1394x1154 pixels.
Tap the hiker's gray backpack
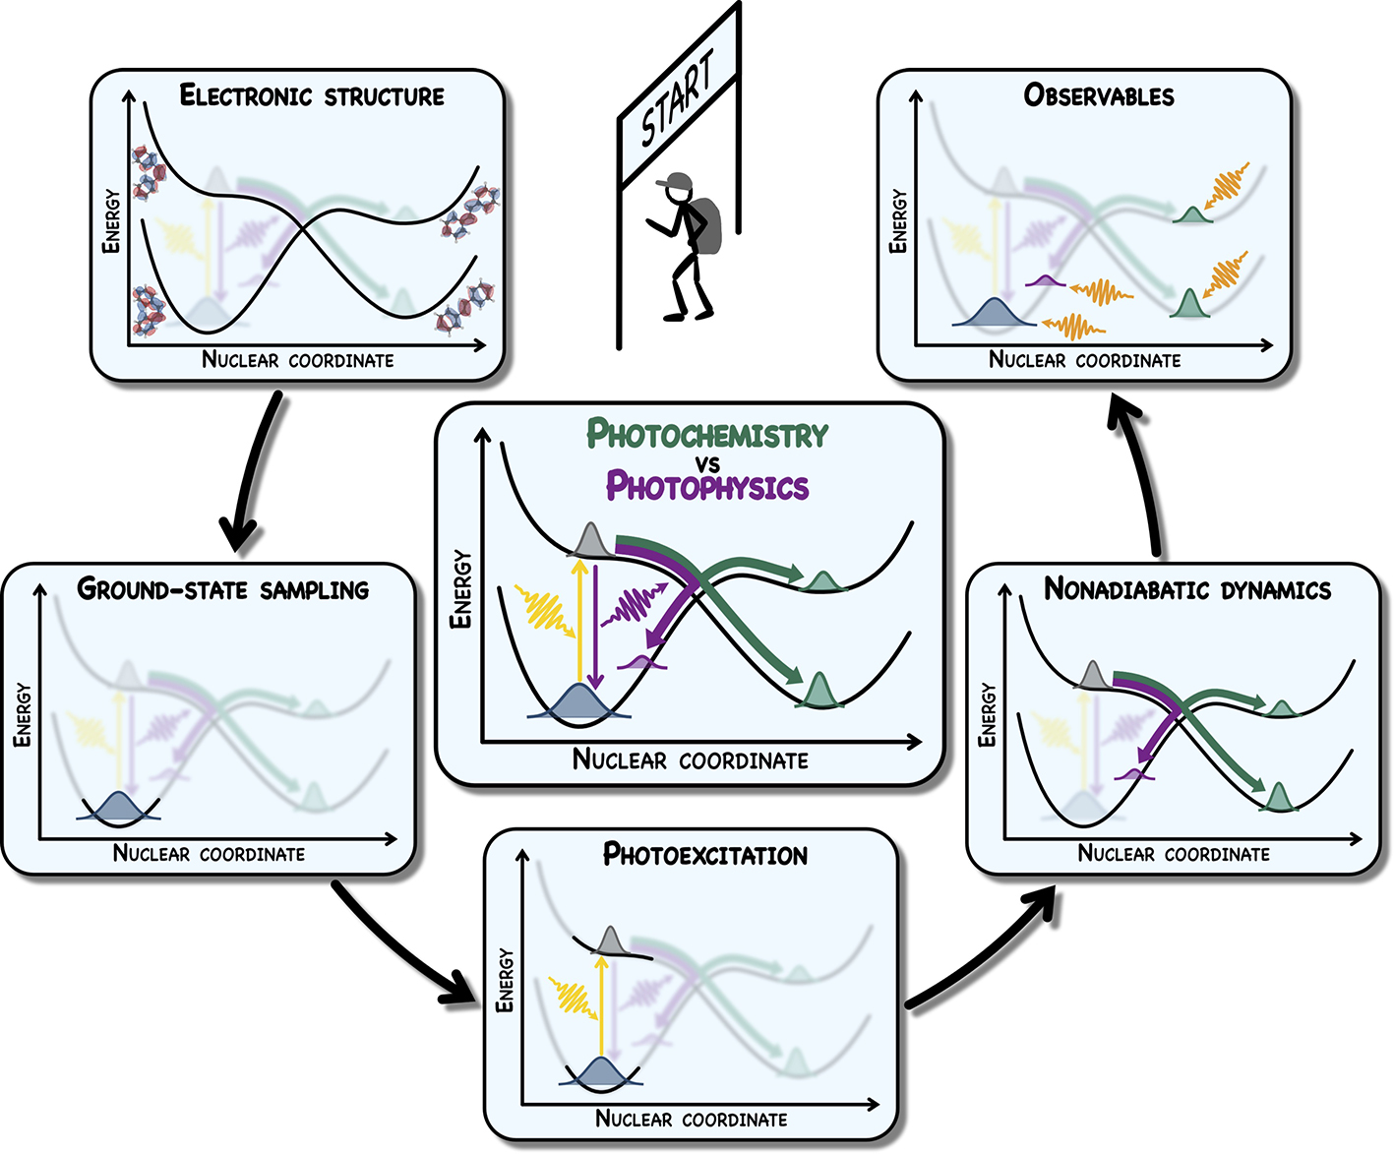707,222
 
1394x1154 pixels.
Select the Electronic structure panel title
312,95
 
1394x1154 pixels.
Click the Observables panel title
1099,95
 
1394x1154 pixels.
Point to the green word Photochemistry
707,434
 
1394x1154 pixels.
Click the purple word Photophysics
707,486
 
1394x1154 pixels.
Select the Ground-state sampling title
223,589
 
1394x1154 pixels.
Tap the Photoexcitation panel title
705,854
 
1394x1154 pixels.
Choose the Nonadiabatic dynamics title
1187,589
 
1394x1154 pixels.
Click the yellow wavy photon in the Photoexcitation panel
569,996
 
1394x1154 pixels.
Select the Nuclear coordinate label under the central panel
691,759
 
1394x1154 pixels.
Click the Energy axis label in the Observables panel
897,221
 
